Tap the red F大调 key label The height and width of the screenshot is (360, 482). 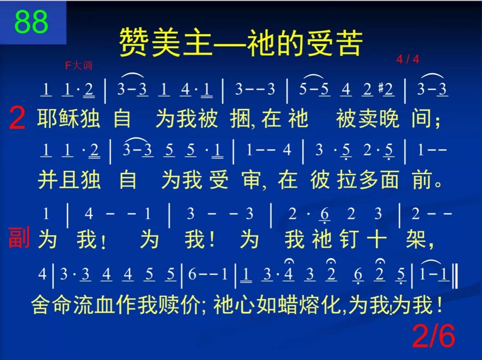coord(79,66)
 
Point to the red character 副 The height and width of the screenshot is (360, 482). coord(19,238)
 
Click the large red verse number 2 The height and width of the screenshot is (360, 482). coord(17,120)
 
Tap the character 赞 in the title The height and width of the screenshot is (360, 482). coord(134,43)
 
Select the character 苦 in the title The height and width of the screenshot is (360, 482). coord(349,43)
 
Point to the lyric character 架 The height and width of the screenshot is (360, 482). coord(416,240)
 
